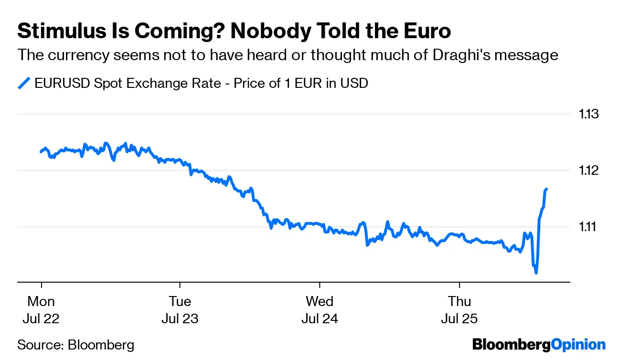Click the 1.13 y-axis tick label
[x=588, y=115]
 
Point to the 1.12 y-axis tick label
[x=588, y=170]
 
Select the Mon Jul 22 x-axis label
[x=41, y=310]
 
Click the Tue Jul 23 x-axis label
[x=180, y=310]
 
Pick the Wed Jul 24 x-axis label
[x=320, y=310]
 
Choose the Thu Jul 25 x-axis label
[x=459, y=310]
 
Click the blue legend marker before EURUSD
[x=24, y=83]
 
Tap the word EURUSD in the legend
[x=62, y=83]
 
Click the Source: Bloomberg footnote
[x=75, y=345]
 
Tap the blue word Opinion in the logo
[x=578, y=345]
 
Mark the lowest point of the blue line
[x=536, y=273]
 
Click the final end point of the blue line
[x=546, y=189]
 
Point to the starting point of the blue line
[x=40, y=152]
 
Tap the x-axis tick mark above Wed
[x=320, y=286]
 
